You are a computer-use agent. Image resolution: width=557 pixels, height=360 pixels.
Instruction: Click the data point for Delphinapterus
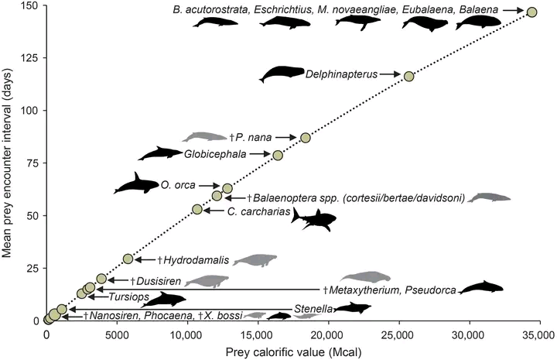tap(408, 76)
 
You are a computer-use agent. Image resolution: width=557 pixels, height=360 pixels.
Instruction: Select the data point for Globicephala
tap(278, 155)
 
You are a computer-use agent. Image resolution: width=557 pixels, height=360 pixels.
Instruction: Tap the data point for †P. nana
tap(306, 138)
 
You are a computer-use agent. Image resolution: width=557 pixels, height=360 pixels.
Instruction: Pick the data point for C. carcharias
tap(196, 209)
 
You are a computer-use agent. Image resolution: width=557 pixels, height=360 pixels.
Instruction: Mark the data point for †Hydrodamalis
tap(128, 259)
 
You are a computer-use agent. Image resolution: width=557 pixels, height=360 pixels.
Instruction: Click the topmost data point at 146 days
tap(531, 12)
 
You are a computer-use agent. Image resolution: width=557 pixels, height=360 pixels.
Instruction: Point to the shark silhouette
tap(313, 219)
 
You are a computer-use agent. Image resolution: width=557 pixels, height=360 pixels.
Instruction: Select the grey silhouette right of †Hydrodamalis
tap(255, 261)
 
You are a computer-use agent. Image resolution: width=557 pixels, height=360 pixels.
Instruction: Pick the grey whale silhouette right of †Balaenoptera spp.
tap(490, 198)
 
